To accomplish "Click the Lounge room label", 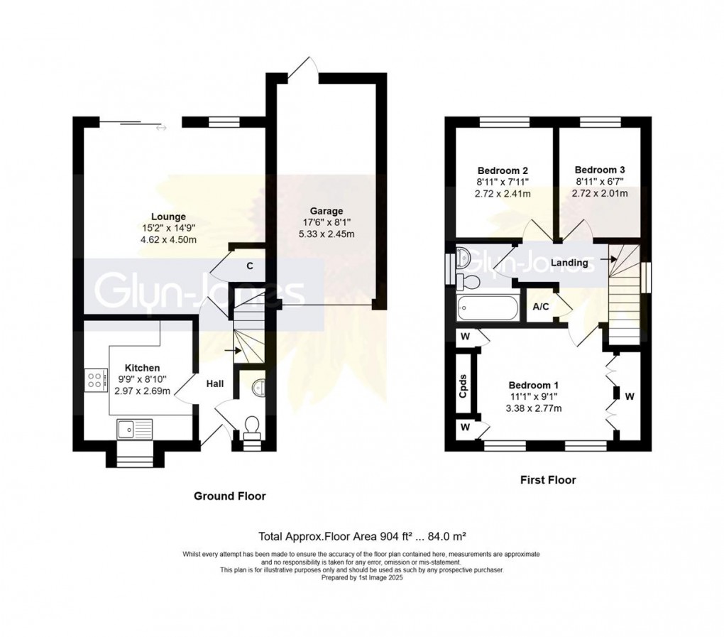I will [168, 217].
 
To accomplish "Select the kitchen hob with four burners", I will [94, 379].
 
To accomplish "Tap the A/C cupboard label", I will [539, 307].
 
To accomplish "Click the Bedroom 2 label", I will [502, 170].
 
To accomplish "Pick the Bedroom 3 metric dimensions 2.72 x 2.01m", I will [600, 193].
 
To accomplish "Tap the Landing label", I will [569, 263].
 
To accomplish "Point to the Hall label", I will [215, 383].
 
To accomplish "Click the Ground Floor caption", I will [230, 496].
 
